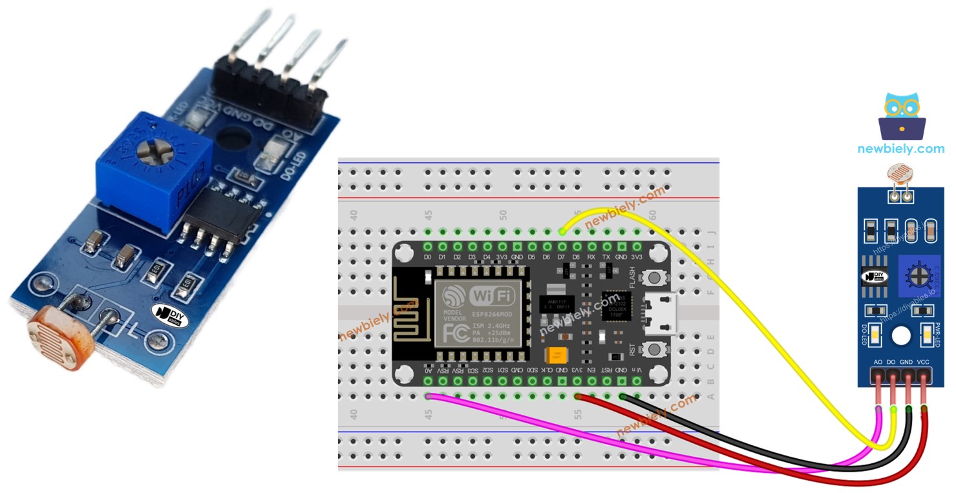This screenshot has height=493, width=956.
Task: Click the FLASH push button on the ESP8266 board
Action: click(655, 278)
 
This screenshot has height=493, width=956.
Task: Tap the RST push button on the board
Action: click(655, 349)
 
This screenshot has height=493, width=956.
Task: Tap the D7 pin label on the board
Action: click(561, 257)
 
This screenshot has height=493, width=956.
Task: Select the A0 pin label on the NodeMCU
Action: click(428, 370)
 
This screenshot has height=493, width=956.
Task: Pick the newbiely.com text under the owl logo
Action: click(900, 149)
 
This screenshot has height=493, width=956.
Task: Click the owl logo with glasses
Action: click(901, 116)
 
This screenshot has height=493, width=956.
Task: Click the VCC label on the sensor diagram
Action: click(923, 362)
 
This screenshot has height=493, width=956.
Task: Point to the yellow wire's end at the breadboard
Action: click(561, 231)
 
